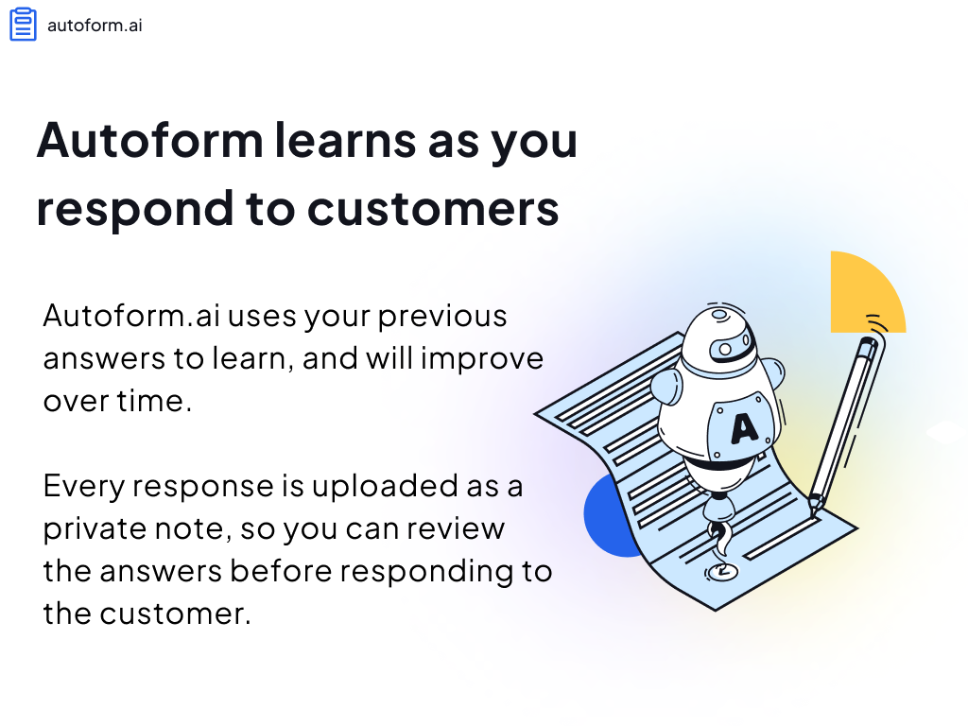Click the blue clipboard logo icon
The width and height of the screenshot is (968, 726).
point(24,24)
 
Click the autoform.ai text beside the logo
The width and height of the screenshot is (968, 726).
point(95,26)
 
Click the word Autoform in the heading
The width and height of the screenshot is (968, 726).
point(150,140)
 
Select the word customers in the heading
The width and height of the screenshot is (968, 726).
point(433,209)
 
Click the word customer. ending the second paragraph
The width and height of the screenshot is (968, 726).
point(175,614)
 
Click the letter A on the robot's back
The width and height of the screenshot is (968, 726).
point(744,428)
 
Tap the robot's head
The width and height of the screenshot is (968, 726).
point(719,339)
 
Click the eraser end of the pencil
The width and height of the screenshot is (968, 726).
point(870,347)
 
